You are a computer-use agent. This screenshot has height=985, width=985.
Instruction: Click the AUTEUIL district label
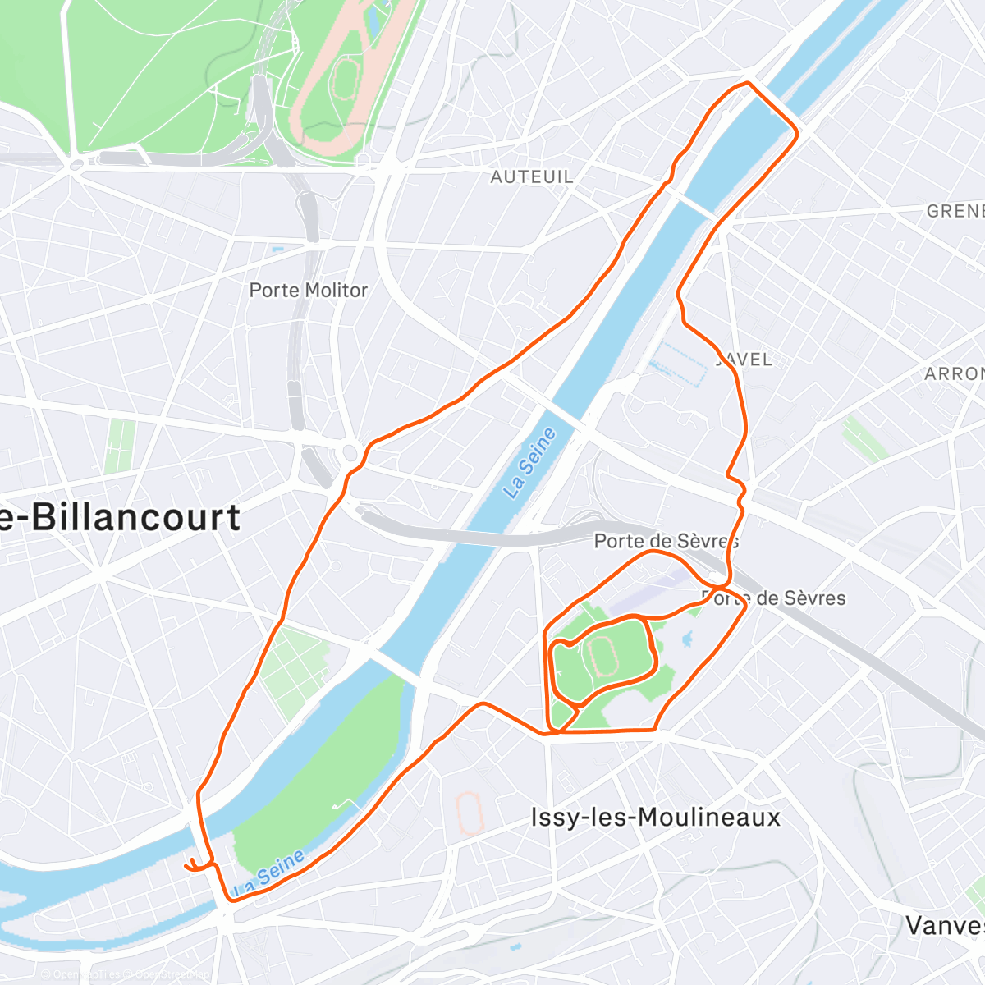532,176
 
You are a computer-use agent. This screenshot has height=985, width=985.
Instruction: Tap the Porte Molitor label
309,290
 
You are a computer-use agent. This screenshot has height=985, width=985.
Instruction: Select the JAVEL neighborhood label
745,360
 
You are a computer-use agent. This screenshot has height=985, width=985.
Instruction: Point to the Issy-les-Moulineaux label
655,818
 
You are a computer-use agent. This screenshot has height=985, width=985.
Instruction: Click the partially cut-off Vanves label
945,926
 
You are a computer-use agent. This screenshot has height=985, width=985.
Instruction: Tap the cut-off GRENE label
955,211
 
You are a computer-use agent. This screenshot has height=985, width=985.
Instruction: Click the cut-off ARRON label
954,373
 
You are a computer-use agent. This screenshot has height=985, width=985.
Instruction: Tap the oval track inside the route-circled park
603,657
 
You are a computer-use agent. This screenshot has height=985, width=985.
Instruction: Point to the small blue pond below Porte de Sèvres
688,638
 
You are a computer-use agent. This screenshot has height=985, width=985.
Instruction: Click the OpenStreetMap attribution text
123,975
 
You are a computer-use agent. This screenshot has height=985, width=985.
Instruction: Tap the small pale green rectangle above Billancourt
120,447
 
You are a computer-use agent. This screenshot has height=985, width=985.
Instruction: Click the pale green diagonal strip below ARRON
864,440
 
